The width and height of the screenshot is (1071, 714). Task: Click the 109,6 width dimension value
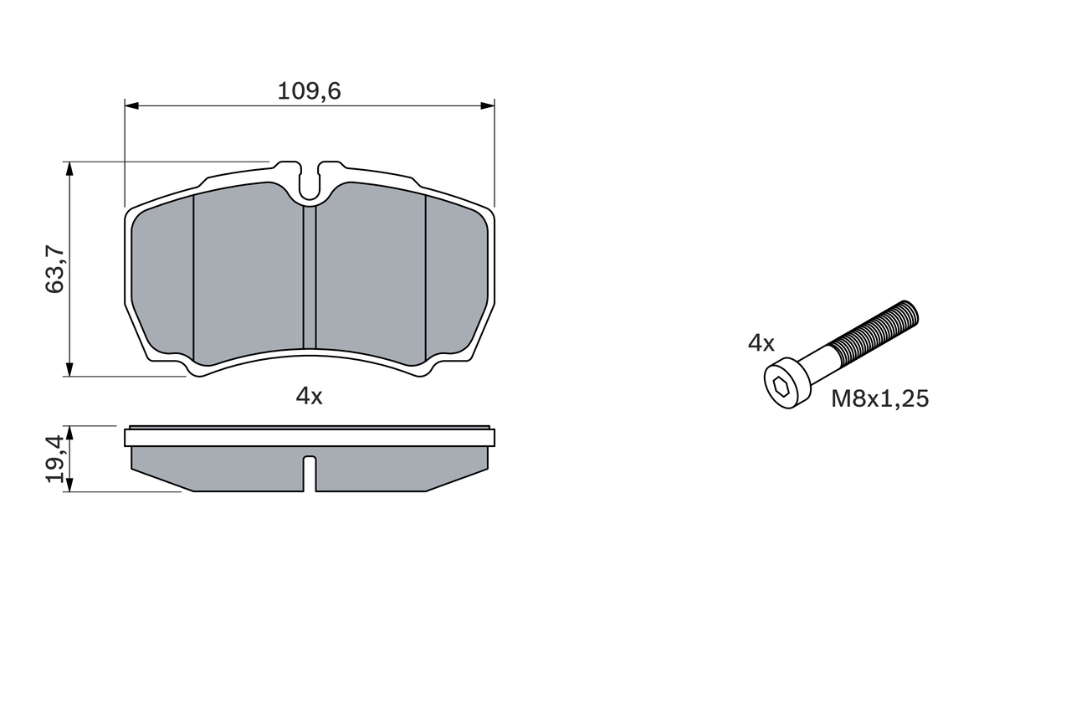[309, 91]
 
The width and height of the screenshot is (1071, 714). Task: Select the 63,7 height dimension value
[55, 269]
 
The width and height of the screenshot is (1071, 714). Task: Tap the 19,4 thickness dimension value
[55, 459]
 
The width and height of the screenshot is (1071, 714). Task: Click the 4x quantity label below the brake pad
[309, 397]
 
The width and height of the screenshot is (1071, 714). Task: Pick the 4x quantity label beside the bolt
[761, 342]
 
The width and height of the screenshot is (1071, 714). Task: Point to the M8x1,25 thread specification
[879, 399]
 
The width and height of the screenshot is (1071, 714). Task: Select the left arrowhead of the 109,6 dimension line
[131, 105]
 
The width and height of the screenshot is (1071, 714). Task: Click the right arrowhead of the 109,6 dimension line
[487, 105]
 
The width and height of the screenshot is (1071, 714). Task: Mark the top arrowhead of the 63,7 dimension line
[69, 168]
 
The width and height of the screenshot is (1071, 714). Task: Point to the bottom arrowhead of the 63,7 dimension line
[69, 369]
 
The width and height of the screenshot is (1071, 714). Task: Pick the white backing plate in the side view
[309, 438]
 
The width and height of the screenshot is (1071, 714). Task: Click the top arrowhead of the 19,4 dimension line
[69, 432]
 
